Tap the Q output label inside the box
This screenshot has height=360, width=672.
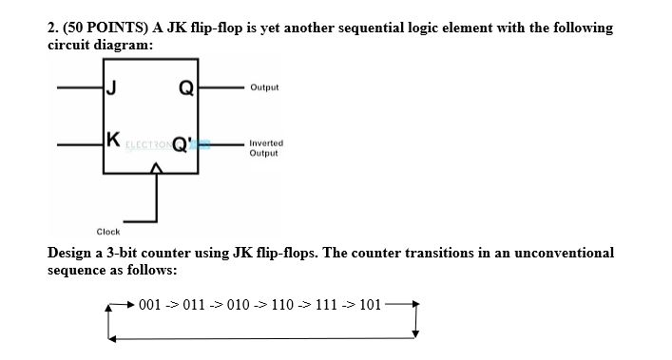[x=186, y=90]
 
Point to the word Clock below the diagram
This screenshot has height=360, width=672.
[x=107, y=231]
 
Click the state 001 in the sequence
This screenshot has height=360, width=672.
[x=151, y=305]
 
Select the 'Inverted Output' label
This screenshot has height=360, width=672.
[x=265, y=148]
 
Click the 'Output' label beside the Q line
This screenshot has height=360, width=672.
[x=264, y=87]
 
